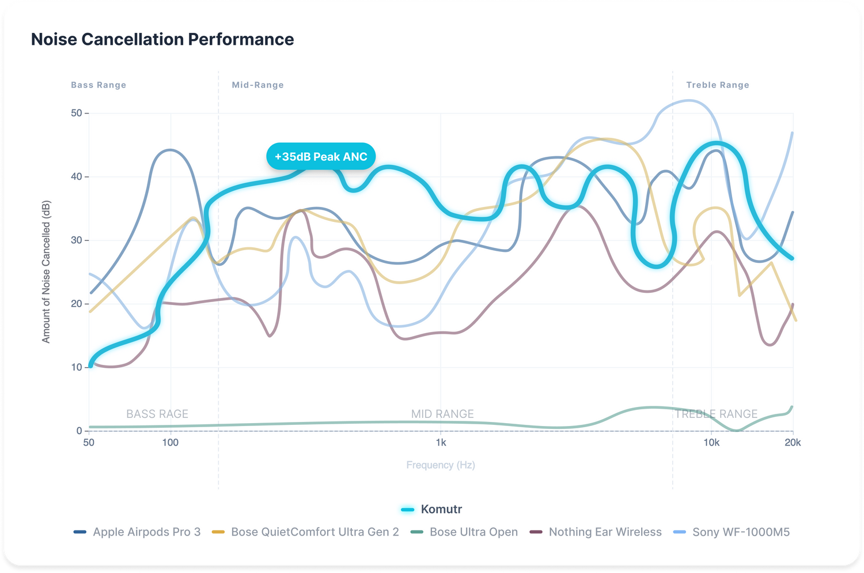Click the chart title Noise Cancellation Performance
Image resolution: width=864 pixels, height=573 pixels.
pos(162,39)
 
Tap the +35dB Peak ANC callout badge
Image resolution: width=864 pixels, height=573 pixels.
pos(321,157)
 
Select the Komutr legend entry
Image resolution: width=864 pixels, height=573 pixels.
pos(432,509)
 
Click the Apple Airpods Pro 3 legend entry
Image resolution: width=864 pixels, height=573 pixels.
pos(138,532)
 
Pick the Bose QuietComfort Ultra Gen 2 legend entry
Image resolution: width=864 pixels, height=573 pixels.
pos(306,532)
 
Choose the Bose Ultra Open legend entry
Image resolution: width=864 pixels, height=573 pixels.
pos(465,532)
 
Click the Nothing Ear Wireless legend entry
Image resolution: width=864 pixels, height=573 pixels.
pos(596,532)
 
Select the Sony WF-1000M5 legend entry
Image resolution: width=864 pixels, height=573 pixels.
pos(732,532)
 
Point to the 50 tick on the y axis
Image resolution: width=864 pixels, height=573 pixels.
pos(77,113)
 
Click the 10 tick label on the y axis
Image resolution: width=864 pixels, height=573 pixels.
pos(77,367)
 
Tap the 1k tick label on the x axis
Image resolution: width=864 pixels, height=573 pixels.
pos(441,443)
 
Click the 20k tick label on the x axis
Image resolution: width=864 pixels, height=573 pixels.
pos(793,443)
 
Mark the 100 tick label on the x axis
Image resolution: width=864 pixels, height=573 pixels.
pos(170,443)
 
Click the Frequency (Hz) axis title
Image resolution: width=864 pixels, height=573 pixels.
pos(441,465)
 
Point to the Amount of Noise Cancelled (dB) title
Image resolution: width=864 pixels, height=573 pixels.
pos(46,272)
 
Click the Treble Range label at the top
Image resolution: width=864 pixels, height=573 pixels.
pos(718,85)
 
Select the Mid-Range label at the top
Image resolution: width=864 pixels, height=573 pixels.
pos(257,85)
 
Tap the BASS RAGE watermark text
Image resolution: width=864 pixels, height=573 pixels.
pos(157,414)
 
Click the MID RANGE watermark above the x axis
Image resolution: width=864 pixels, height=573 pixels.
pos(442,414)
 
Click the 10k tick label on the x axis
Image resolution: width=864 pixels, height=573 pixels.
pos(711,443)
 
